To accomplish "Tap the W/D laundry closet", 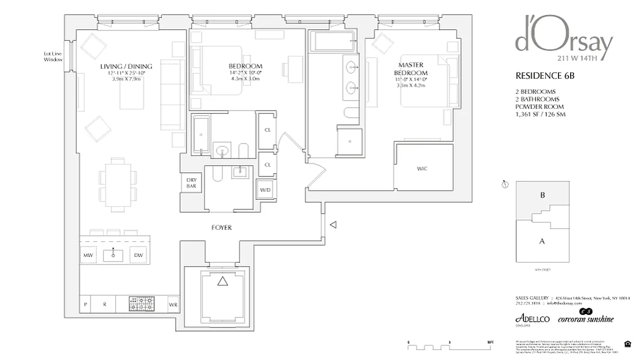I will [x=265, y=189].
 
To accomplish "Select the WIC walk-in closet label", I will [x=422, y=169].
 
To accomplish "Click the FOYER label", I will [x=221, y=228].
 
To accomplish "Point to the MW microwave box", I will [x=88, y=256].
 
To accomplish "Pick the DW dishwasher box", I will [x=138, y=256].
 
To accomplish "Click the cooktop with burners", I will [x=141, y=304].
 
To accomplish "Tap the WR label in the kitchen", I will [x=173, y=305].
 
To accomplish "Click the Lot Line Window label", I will [x=53, y=57].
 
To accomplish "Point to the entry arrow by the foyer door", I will [x=333, y=225].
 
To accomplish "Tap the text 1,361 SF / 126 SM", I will [x=540, y=114].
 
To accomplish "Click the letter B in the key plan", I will [x=542, y=195].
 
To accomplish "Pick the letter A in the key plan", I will [x=542, y=241].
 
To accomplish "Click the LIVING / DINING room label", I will [x=126, y=66].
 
